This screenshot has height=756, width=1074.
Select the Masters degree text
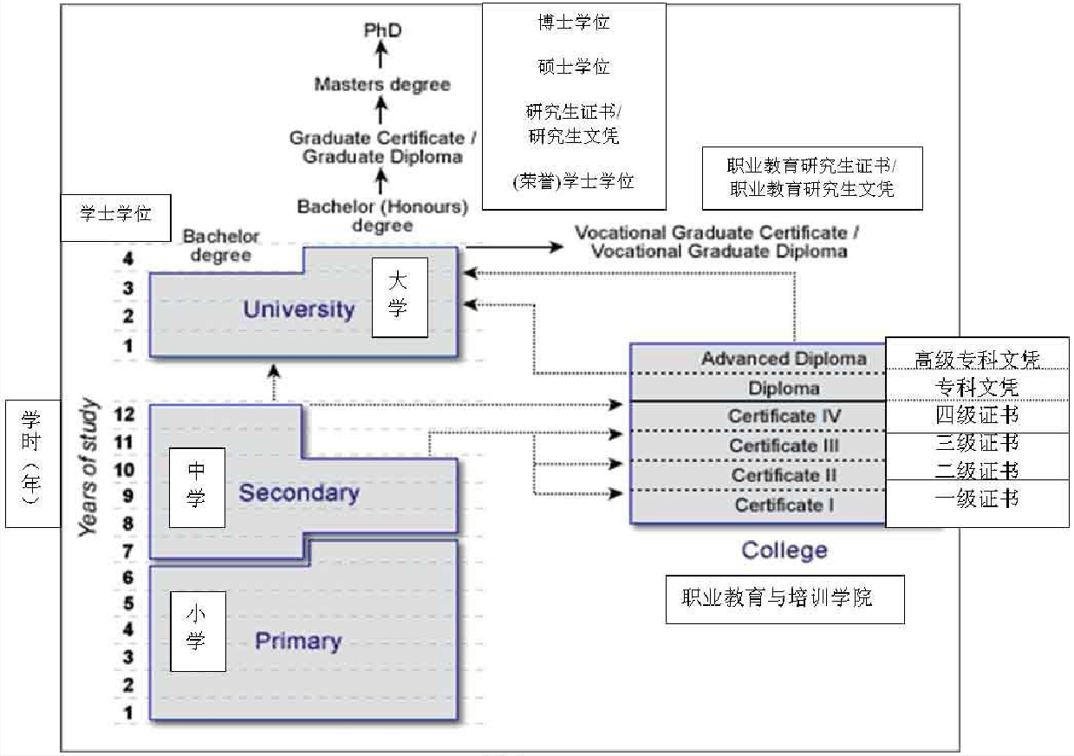[382, 84]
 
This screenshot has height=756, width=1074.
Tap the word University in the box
[299, 310]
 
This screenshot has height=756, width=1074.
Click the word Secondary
[299, 493]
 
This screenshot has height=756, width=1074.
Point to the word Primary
[298, 642]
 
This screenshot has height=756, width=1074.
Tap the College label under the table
[784, 550]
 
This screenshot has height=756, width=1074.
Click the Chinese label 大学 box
[400, 297]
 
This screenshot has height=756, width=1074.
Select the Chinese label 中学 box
[197, 487]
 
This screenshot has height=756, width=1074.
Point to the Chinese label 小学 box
[197, 630]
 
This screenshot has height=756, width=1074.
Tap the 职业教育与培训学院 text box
[784, 598]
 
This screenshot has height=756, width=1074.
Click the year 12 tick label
[124, 414]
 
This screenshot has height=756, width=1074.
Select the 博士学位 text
[573, 23]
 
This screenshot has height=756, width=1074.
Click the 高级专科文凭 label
[977, 358]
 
